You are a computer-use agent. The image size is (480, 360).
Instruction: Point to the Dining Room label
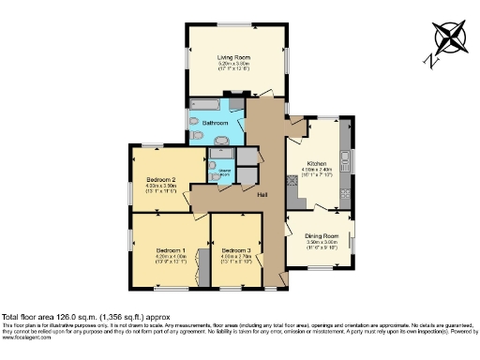click(x=320, y=235)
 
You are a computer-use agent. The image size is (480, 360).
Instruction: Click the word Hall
click(x=263, y=194)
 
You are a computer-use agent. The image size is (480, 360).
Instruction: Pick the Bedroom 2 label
click(x=161, y=178)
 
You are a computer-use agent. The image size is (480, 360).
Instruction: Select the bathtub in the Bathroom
click(x=203, y=105)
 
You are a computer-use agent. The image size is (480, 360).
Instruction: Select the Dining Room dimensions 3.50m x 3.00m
click(x=320, y=243)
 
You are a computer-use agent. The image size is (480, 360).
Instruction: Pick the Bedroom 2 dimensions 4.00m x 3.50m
click(x=161, y=186)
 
